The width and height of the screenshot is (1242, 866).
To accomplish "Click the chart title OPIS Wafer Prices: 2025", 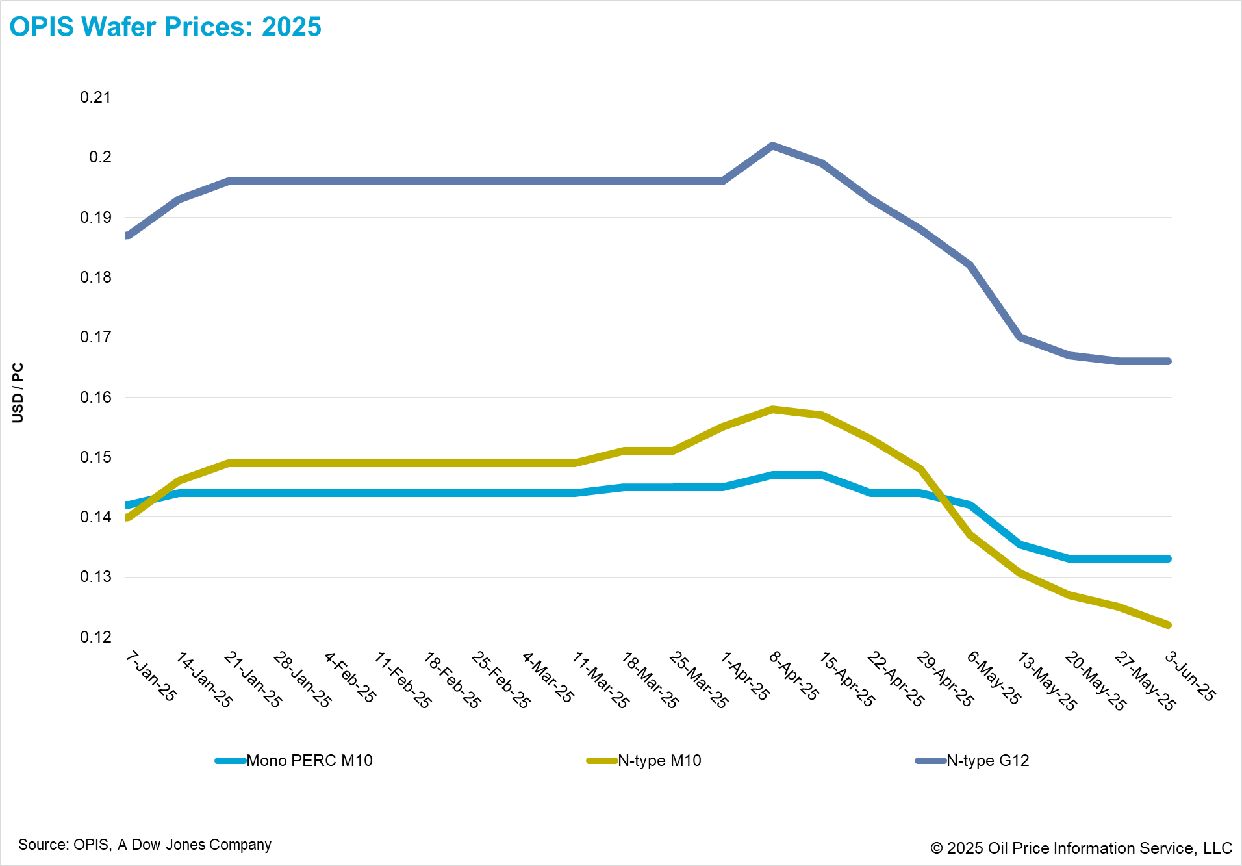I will (165, 27).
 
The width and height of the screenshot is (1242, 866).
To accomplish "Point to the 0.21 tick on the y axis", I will (95, 97).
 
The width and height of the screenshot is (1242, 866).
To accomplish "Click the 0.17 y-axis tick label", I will (95, 337).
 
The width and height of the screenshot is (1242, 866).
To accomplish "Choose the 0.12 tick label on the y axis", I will (95, 637).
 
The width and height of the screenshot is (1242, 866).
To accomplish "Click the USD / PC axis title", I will (18, 392).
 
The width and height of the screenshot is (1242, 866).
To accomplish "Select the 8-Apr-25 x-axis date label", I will (794, 676).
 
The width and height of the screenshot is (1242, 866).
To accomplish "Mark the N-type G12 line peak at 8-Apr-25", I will (772, 146).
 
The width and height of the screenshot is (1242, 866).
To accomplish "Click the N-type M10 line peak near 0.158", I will (772, 409).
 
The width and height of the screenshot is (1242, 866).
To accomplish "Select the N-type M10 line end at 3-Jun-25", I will (1168, 625).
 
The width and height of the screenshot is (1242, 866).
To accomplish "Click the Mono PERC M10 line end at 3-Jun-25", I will (1168, 559).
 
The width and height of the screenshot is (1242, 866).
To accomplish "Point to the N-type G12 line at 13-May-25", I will (1020, 337).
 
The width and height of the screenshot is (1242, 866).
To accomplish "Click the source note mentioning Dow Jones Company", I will (145, 845).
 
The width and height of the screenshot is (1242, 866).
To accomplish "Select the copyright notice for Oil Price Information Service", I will (1081, 848).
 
